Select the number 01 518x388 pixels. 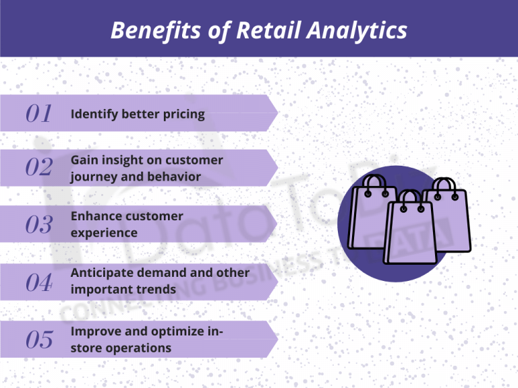[x=39, y=114]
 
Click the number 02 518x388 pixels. [x=39, y=168]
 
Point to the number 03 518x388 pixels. [x=39, y=225]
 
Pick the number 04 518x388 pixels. [x=39, y=282]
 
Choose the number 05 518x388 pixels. [x=39, y=339]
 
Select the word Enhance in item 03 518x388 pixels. [x=96, y=216]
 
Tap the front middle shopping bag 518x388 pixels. [x=410, y=232]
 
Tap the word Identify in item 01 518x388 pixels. [x=94, y=115]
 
